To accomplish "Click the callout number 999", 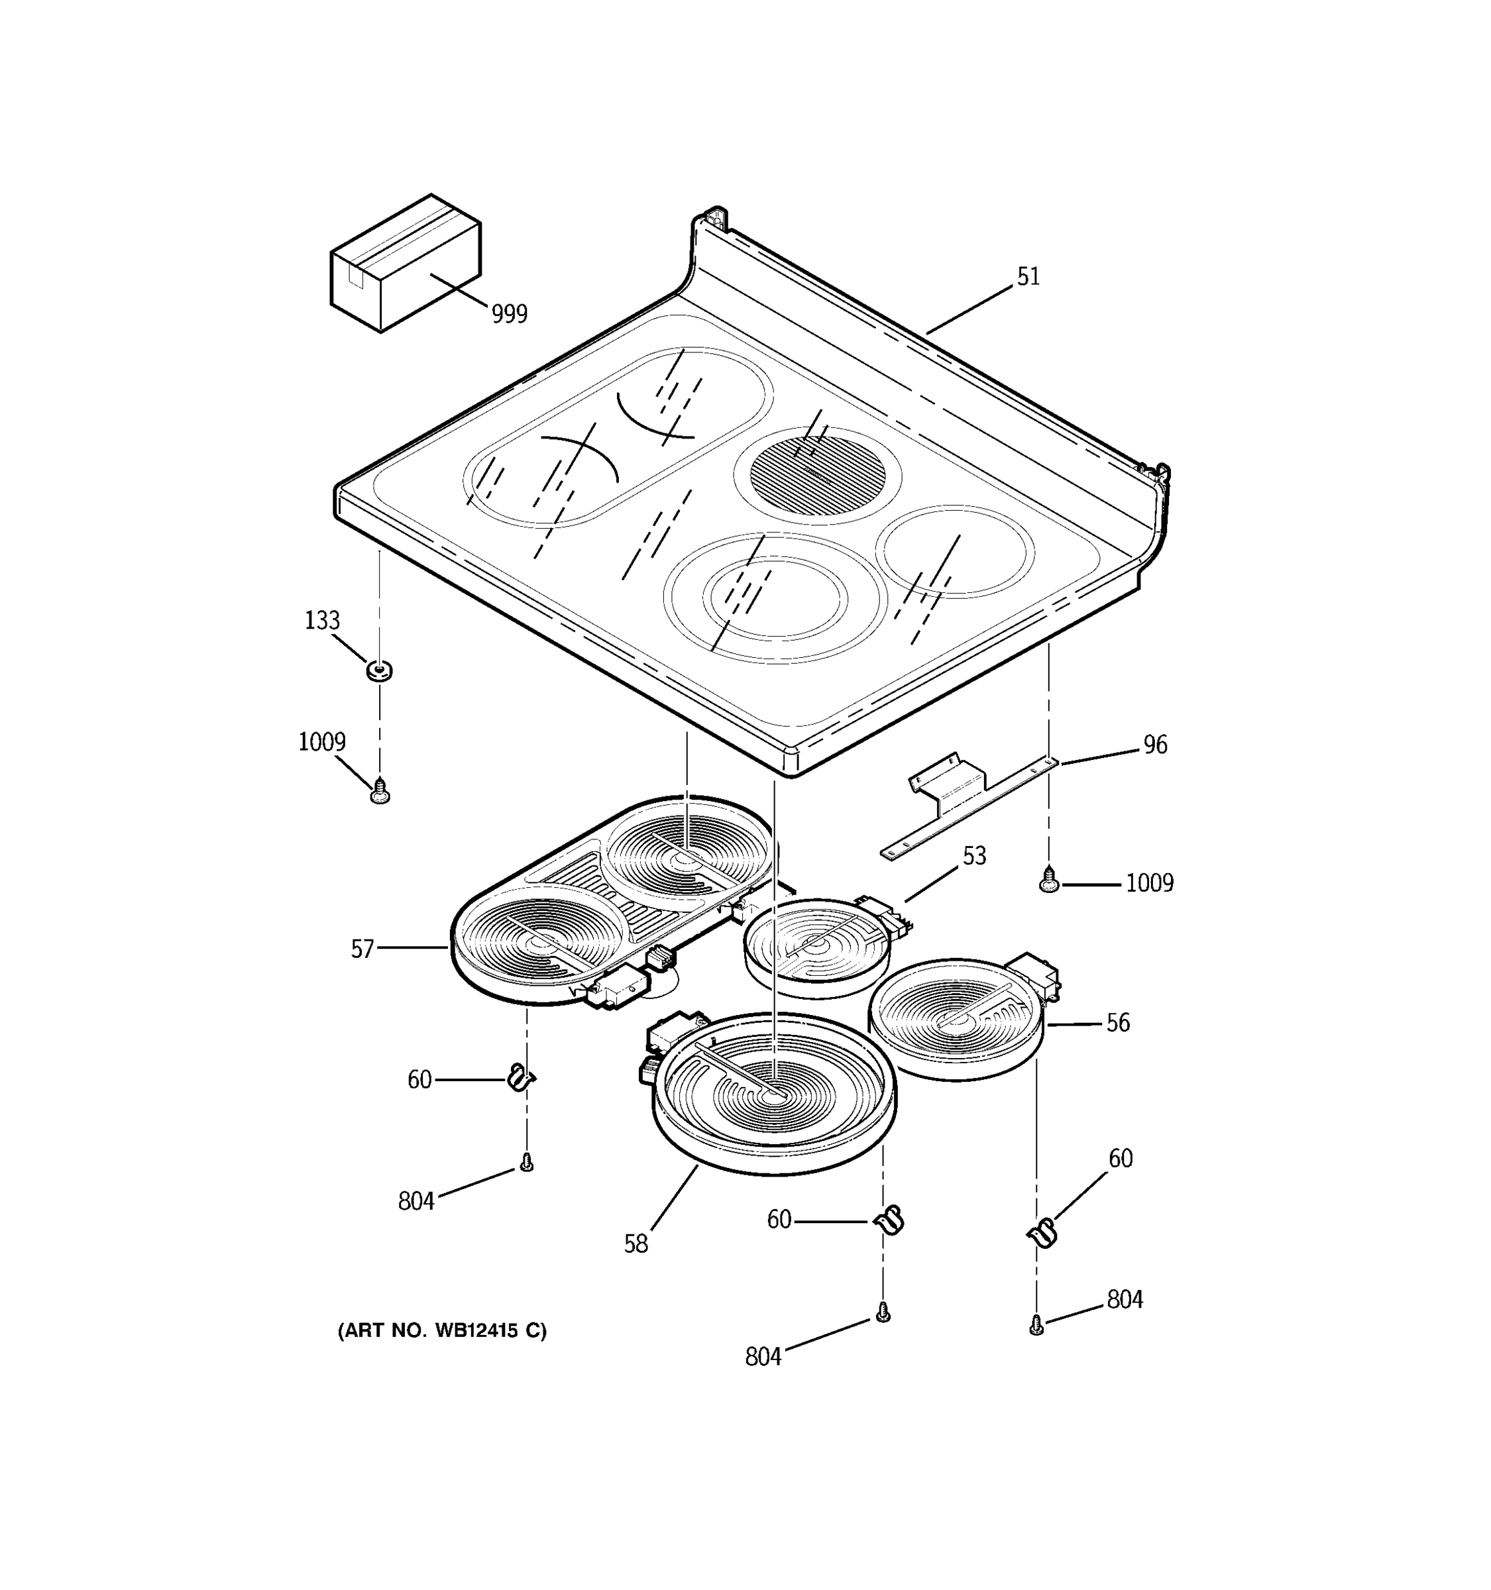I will [x=509, y=314].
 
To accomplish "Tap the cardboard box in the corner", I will [x=405, y=262].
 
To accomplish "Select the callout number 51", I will [x=1028, y=277].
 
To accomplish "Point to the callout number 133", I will [x=321, y=621].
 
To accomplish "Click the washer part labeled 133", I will [x=379, y=671].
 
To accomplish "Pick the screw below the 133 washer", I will [x=381, y=792].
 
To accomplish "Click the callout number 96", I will [x=1154, y=745].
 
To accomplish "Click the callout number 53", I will [x=973, y=857].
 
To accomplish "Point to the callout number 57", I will [x=362, y=949].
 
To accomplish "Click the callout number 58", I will [x=636, y=1244].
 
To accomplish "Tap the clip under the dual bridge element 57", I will [x=521, y=1079].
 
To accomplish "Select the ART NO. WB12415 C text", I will [x=441, y=1331].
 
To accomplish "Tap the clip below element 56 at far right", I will [x=1042, y=1234].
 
